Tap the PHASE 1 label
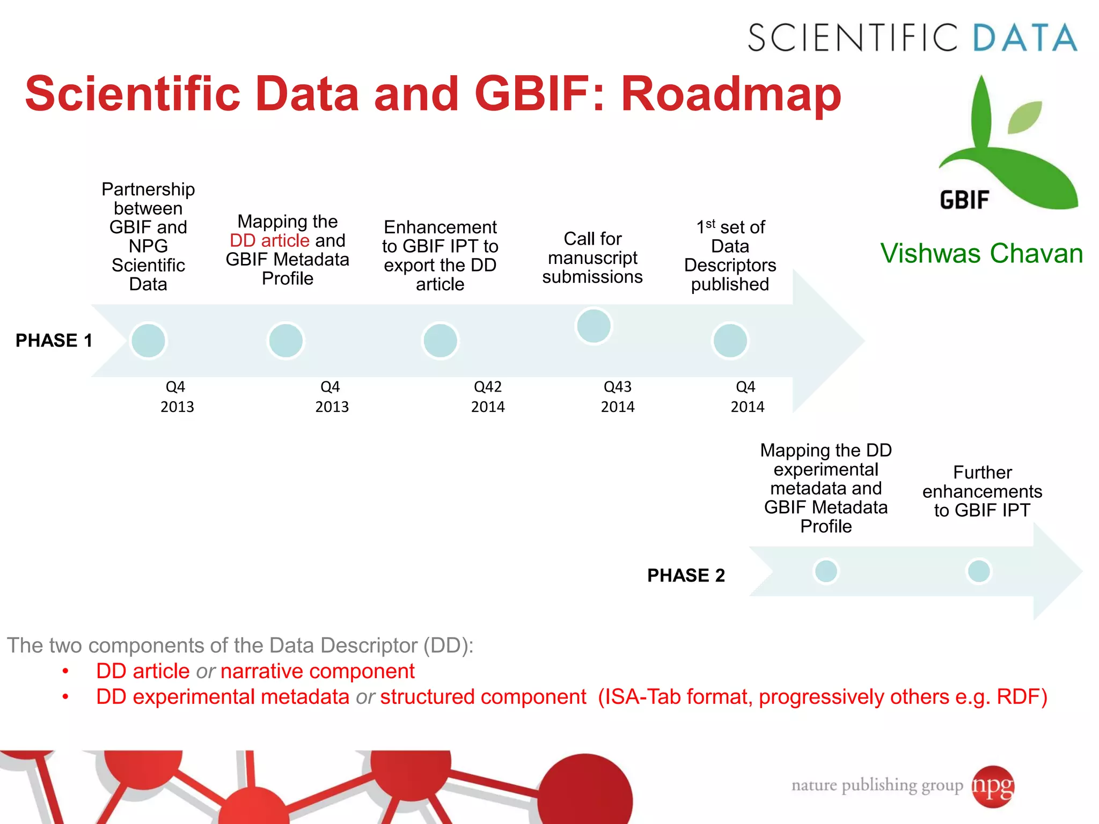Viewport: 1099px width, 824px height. coord(54,340)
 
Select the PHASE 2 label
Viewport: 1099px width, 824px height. coord(686,575)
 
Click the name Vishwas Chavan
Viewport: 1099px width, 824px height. coord(981,253)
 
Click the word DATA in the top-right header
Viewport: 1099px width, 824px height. coord(1025,38)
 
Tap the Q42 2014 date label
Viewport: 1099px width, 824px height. coord(488,396)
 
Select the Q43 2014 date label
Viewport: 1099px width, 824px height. coord(618,396)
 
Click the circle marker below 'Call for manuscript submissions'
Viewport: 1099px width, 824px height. coord(594,326)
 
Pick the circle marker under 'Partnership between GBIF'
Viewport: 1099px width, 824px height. coord(148,340)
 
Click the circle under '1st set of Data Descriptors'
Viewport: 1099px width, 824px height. coord(730,340)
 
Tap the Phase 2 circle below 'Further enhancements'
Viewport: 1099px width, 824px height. coord(978,571)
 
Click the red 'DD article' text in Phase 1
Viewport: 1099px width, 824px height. coord(269,240)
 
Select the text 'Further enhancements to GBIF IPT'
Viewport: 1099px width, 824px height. coord(982,491)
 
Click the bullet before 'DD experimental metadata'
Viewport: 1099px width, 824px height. coord(65,697)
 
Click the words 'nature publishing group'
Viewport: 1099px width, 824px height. coord(877,785)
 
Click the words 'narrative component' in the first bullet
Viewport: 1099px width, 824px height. coord(317,671)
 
